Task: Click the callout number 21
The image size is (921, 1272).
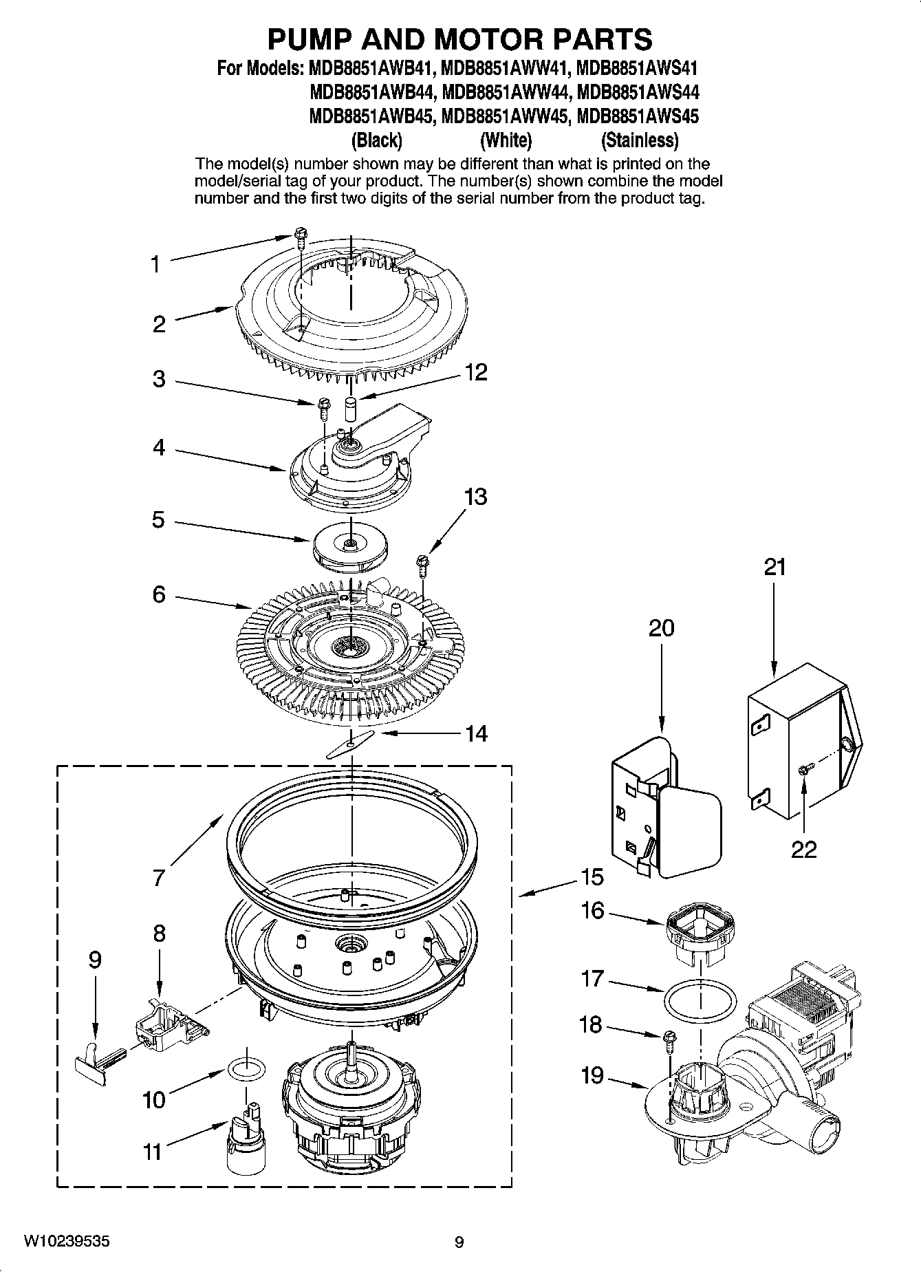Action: coord(774,568)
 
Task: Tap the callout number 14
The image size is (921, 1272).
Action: coord(476,733)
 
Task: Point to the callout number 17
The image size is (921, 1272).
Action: coord(592,978)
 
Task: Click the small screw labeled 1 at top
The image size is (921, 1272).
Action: coord(301,235)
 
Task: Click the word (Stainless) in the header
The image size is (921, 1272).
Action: coord(639,140)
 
